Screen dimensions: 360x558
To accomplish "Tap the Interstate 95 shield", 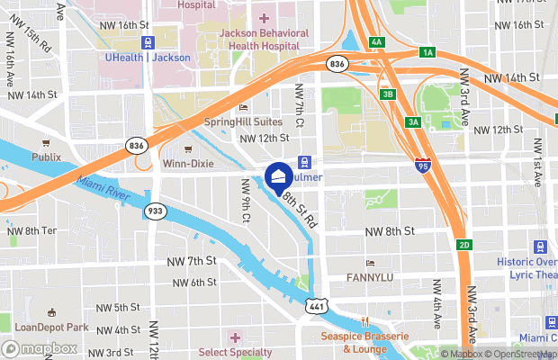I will click(x=423, y=164).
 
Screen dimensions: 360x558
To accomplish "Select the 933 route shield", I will click(x=155, y=211).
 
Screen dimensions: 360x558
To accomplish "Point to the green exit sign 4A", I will click(x=376, y=41).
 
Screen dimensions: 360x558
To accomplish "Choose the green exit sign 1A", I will click(x=427, y=53).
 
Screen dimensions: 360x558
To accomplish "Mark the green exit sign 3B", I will click(x=387, y=94).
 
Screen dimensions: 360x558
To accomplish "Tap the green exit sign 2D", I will click(x=463, y=245).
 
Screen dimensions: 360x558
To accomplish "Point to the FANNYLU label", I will click(x=371, y=278).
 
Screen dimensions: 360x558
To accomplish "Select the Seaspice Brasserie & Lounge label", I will click(x=365, y=342).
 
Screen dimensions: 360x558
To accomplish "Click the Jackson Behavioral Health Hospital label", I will click(x=264, y=39).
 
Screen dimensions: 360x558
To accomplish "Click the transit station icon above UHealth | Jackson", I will click(x=147, y=41).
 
